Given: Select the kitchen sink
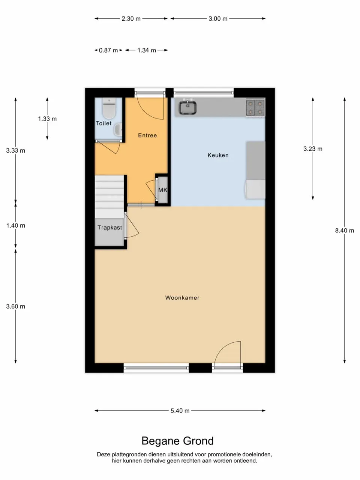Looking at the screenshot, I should click(x=187, y=108).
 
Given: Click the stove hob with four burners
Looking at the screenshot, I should click(x=255, y=108).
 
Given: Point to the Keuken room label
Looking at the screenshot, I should click(x=218, y=155).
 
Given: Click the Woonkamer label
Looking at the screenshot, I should click(x=182, y=298).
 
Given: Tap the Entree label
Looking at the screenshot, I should click(x=147, y=135).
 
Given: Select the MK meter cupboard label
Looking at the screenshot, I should click(x=162, y=190).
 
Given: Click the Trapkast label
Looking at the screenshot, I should click(x=109, y=228).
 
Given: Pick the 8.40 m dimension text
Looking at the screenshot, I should click(x=344, y=231).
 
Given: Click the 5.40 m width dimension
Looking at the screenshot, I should click(x=180, y=411).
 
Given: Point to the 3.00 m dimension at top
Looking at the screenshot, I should click(x=218, y=18).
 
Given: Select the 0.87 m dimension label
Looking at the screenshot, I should click(x=108, y=50).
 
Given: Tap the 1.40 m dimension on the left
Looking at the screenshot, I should click(x=16, y=226).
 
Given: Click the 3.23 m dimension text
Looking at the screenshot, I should click(x=313, y=149).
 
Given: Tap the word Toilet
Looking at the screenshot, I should click(x=103, y=123).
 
